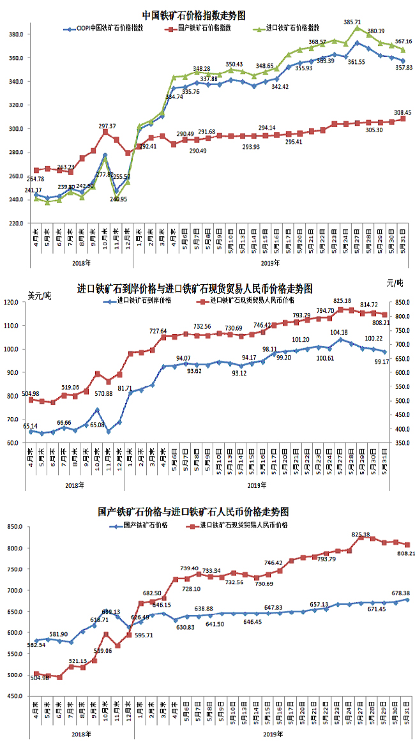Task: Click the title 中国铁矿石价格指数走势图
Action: tap(193, 15)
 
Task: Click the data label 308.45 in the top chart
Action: tap(402, 112)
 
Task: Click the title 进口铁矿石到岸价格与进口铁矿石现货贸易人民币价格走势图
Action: tap(195, 288)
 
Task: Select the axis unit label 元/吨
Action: tap(395, 282)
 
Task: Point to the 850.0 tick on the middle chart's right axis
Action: tap(399, 302)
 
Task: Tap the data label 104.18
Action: tap(340, 332)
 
